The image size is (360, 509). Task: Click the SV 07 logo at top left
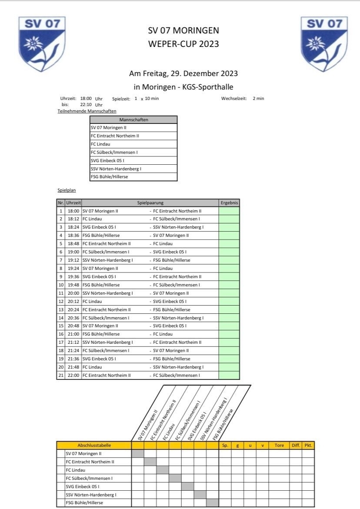click(x=42, y=43)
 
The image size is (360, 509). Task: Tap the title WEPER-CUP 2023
click(x=183, y=44)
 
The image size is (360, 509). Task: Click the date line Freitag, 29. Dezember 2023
click(x=183, y=73)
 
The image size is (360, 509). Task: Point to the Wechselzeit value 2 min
click(x=258, y=99)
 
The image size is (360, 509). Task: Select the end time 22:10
click(x=86, y=105)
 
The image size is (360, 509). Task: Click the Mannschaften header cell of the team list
click(x=133, y=120)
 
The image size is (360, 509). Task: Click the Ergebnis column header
click(x=229, y=203)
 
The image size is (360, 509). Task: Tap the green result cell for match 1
click(x=229, y=211)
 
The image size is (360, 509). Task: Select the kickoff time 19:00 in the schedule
click(x=73, y=252)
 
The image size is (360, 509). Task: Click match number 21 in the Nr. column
click(x=61, y=375)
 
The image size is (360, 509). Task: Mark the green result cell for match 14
click(x=229, y=318)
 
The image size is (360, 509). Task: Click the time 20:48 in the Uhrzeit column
click(x=73, y=326)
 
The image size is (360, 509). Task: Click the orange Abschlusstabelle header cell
click(x=94, y=445)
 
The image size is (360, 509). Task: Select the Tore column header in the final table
click(x=279, y=445)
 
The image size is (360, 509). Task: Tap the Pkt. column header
click(x=308, y=445)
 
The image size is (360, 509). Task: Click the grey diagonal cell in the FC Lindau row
click(x=163, y=470)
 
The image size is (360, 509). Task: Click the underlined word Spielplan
click(x=63, y=190)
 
